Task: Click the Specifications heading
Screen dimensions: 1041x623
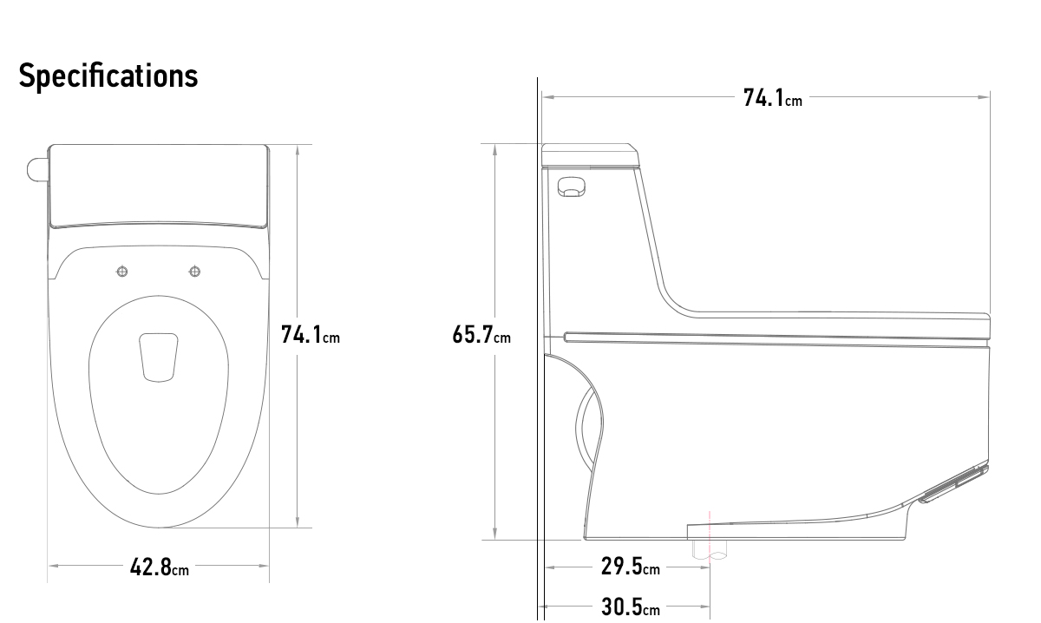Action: pos(108,75)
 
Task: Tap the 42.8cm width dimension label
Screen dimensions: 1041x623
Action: pos(160,567)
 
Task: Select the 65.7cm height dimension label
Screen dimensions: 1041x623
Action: pos(481,334)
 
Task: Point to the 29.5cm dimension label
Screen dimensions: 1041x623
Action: pos(630,567)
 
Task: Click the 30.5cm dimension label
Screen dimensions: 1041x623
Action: pos(630,607)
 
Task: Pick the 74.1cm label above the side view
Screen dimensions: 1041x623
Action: pos(773,98)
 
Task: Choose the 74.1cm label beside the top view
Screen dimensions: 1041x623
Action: pos(311,334)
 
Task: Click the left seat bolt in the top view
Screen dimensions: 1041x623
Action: pos(121,272)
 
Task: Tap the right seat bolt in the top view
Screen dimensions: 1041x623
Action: pos(194,272)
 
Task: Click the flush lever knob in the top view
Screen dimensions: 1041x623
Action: pos(36,170)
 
